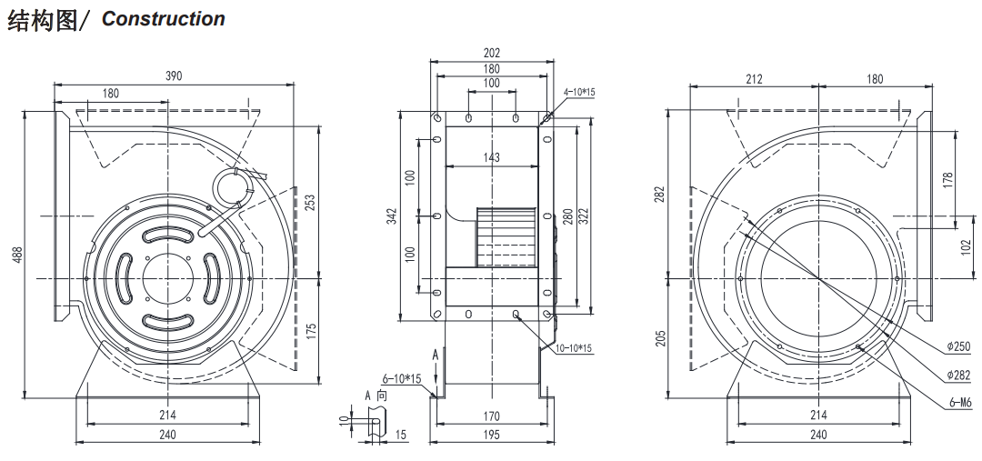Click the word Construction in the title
[x=163, y=19]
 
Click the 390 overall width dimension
[x=173, y=76]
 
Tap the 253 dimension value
[x=310, y=201]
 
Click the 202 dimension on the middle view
[x=491, y=54]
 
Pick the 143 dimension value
[x=491, y=158]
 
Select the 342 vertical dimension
[x=392, y=216]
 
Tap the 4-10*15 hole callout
[x=578, y=92]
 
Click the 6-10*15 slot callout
[x=399, y=377]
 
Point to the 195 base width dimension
[x=491, y=435]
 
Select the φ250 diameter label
[x=958, y=346]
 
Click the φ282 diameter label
[x=958, y=374]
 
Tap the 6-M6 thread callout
[x=958, y=403]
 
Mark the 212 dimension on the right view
[x=754, y=79]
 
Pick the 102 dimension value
[x=965, y=246]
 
